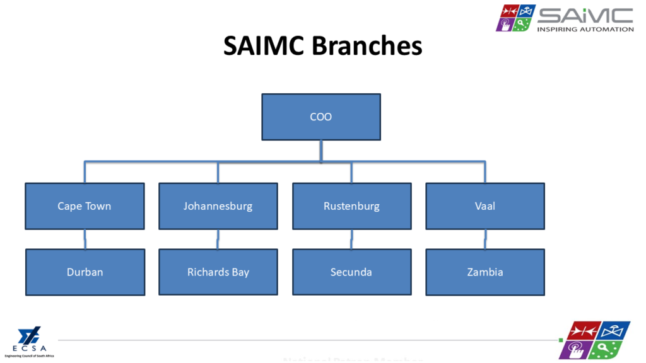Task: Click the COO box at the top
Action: (x=321, y=117)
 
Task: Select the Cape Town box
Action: (x=85, y=206)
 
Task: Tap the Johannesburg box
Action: (x=218, y=206)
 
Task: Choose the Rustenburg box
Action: (x=351, y=206)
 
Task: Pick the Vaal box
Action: (x=485, y=206)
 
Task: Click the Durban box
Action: (x=85, y=272)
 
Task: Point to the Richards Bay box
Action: (x=218, y=272)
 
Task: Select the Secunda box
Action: (x=351, y=272)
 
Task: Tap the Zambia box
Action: (x=485, y=272)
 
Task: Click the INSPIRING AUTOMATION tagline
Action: (x=585, y=29)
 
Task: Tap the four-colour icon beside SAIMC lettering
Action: (x=515, y=18)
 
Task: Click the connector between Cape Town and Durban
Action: (x=85, y=239)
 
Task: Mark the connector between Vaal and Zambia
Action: (x=485, y=239)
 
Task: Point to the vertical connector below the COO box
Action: (x=321, y=151)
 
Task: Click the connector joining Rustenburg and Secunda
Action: (x=351, y=239)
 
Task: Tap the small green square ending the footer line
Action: (x=560, y=341)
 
